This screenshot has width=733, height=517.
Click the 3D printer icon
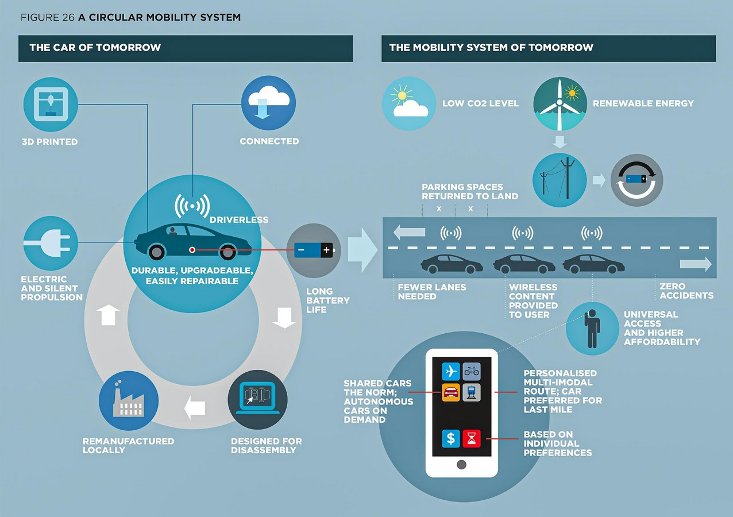51,105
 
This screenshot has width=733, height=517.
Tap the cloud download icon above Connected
268,103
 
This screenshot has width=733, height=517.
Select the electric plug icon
51,243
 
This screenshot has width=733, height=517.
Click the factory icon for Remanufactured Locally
129,400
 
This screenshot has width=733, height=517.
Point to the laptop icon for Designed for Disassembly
257,400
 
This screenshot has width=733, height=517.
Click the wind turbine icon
560,103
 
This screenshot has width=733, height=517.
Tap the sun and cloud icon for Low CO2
409,103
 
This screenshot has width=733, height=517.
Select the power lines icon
560,180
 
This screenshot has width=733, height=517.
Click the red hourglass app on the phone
472,438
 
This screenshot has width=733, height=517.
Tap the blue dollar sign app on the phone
451,438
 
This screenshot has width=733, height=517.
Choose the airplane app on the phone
451,372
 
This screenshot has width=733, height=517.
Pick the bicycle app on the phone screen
472,372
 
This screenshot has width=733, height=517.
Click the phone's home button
461,464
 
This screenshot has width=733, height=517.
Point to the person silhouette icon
592,329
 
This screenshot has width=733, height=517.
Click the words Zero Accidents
686,291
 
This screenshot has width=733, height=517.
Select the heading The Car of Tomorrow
95,48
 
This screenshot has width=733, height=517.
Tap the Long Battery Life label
327,300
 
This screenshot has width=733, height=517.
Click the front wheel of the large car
157,252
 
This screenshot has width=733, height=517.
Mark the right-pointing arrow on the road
695,264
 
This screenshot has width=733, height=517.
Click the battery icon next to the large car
314,250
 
